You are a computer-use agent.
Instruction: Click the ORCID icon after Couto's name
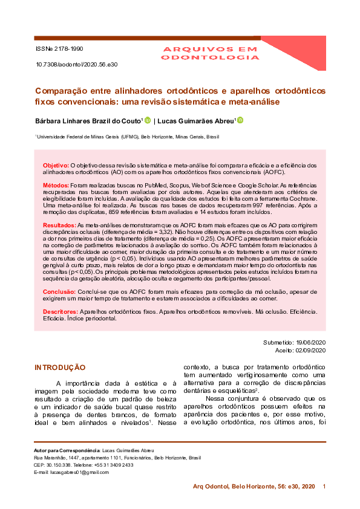tap(148, 120)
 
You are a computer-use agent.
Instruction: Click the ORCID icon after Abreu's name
tap(240, 120)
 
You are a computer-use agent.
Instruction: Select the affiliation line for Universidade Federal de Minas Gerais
tap(128, 137)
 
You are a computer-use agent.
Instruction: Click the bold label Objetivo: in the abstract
tap(56, 165)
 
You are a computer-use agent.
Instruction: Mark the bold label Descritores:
tap(61, 311)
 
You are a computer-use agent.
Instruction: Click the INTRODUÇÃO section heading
tap(60, 368)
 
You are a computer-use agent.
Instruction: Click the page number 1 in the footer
tap(324, 487)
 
